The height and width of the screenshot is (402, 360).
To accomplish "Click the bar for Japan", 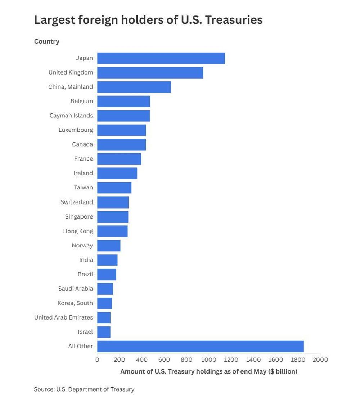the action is pyautogui.click(x=161, y=58).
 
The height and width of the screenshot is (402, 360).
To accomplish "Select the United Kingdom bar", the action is pyautogui.click(x=150, y=72).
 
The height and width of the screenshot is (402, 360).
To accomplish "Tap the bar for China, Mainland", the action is pyautogui.click(x=134, y=87).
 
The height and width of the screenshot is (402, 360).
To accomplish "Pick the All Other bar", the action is pyautogui.click(x=201, y=347).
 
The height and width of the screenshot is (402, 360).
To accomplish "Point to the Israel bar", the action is pyautogui.click(x=104, y=332).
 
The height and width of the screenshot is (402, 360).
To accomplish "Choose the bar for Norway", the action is pyautogui.click(x=109, y=246).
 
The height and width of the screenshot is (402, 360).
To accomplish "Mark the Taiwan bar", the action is pyautogui.click(x=114, y=188).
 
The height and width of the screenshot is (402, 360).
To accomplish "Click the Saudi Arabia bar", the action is pyautogui.click(x=105, y=289).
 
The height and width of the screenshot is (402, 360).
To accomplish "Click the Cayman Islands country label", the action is pyautogui.click(x=71, y=116).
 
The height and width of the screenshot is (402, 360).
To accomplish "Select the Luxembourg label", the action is pyautogui.click(x=76, y=130).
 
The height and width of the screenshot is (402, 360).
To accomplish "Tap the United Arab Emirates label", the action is pyautogui.click(x=64, y=317).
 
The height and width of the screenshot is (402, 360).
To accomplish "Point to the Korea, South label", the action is pyautogui.click(x=75, y=303).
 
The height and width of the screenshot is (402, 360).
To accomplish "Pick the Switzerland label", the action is pyautogui.click(x=77, y=202).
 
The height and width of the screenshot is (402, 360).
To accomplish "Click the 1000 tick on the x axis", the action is pyautogui.click(x=209, y=360).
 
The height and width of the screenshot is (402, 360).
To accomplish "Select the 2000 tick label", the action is pyautogui.click(x=320, y=360).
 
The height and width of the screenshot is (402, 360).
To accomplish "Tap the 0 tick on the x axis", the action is pyautogui.click(x=97, y=360).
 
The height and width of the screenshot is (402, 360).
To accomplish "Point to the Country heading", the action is pyautogui.click(x=47, y=41).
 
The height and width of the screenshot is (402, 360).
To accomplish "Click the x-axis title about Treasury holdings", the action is pyautogui.click(x=209, y=371).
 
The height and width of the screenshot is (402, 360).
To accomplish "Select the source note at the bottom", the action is pyautogui.click(x=84, y=389).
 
